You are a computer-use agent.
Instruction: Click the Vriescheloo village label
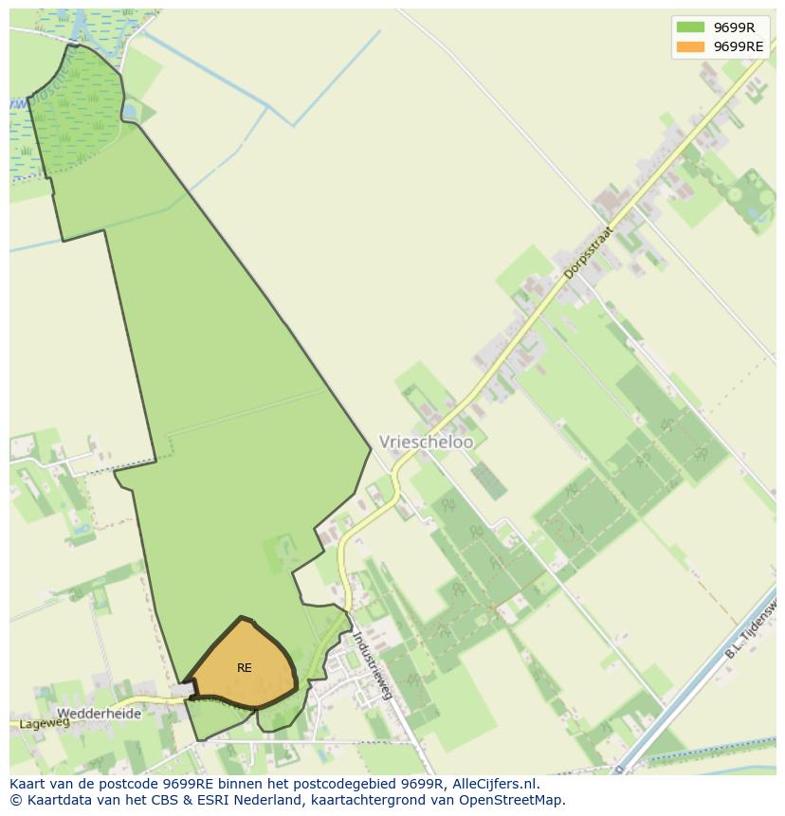coord(426,442)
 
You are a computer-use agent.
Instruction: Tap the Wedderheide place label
coord(99,713)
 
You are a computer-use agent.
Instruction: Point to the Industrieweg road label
coord(372,664)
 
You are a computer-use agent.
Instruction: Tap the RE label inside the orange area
coord(245,668)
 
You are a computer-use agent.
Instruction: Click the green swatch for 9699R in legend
coord(690,27)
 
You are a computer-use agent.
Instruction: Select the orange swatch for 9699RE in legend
coord(690,46)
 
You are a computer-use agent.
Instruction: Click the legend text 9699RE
coord(739,46)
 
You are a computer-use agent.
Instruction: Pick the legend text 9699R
coord(734,27)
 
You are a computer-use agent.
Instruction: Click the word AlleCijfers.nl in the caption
coord(496,784)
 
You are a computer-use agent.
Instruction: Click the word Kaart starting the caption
coord(27,784)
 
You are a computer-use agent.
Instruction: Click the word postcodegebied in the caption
coord(323,784)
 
